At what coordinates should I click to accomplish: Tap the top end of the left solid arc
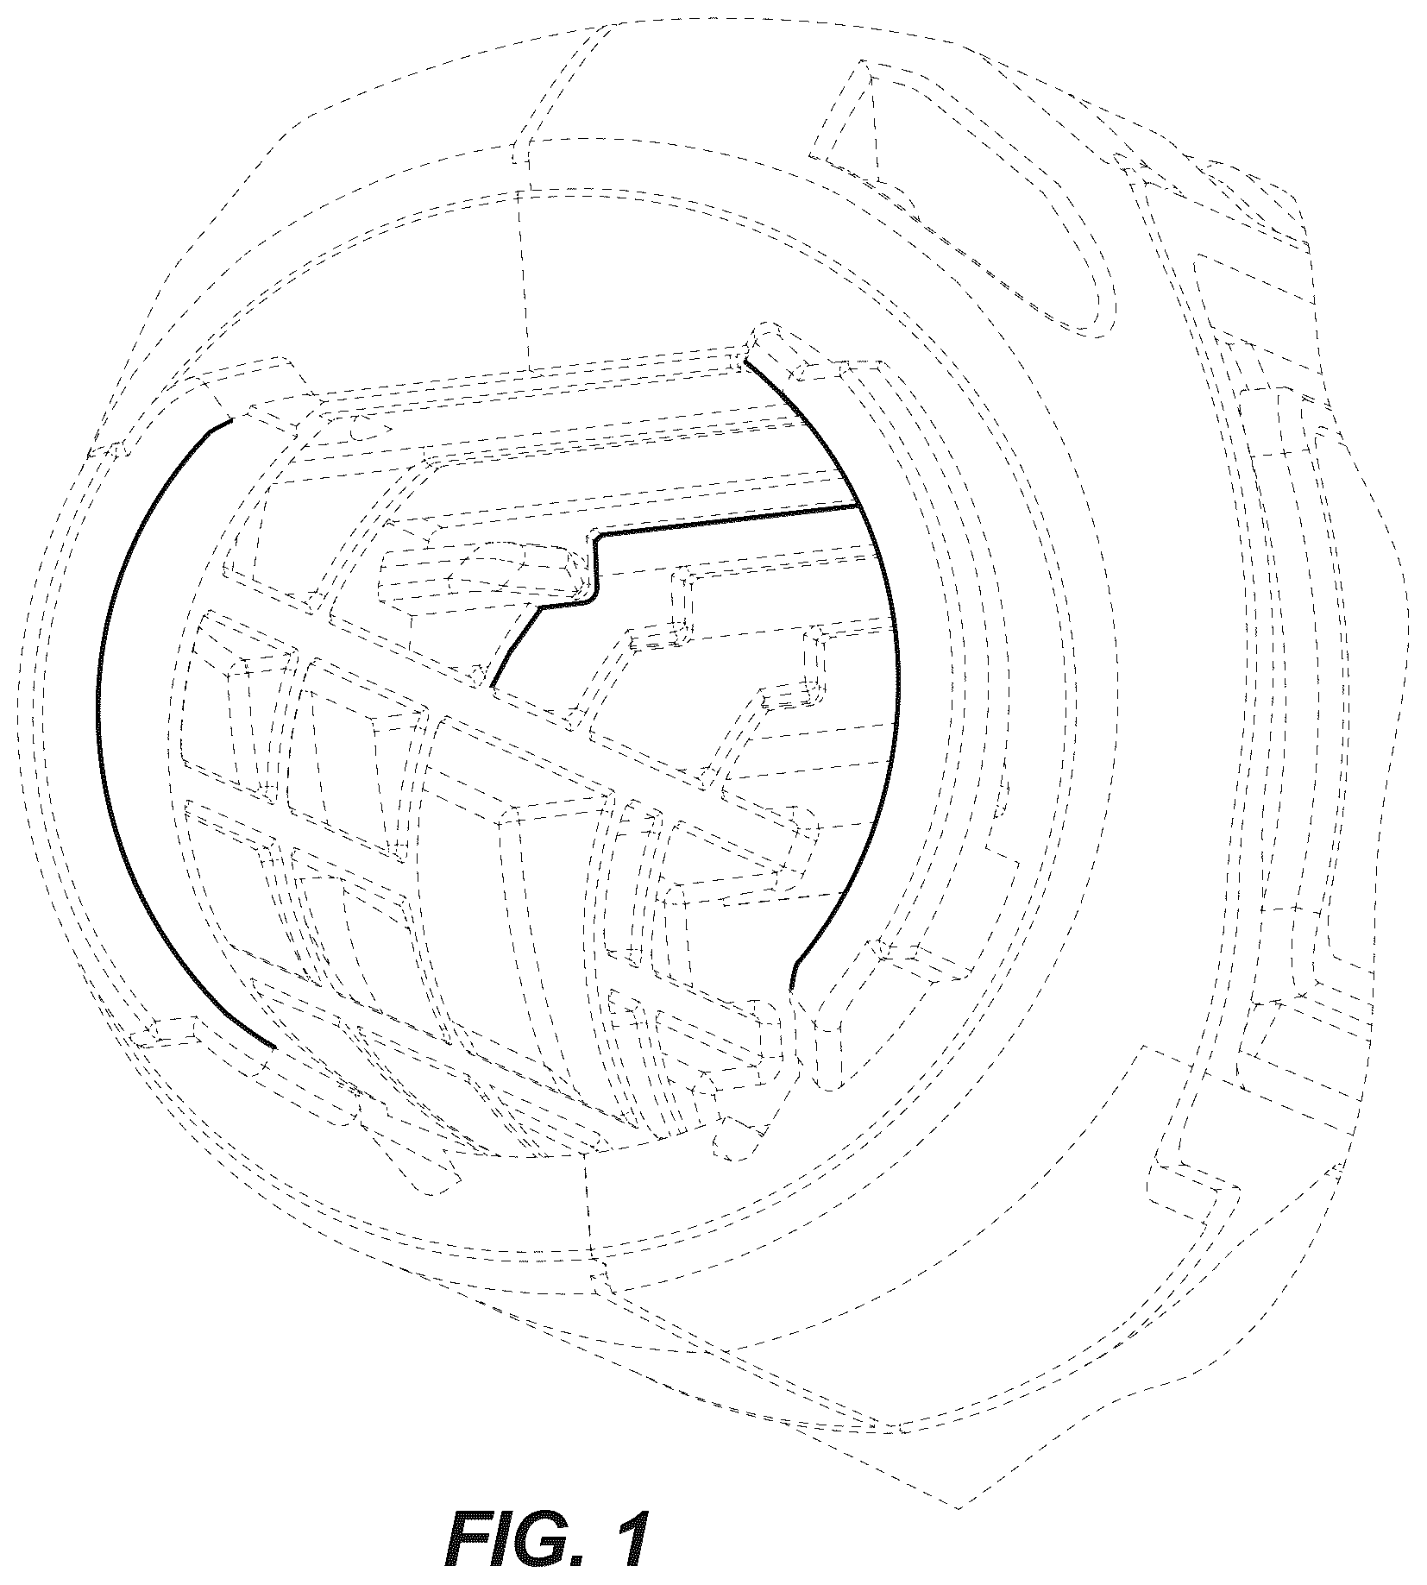231,421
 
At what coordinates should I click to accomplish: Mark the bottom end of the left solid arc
273,1048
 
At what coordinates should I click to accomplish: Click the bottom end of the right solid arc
791,987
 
